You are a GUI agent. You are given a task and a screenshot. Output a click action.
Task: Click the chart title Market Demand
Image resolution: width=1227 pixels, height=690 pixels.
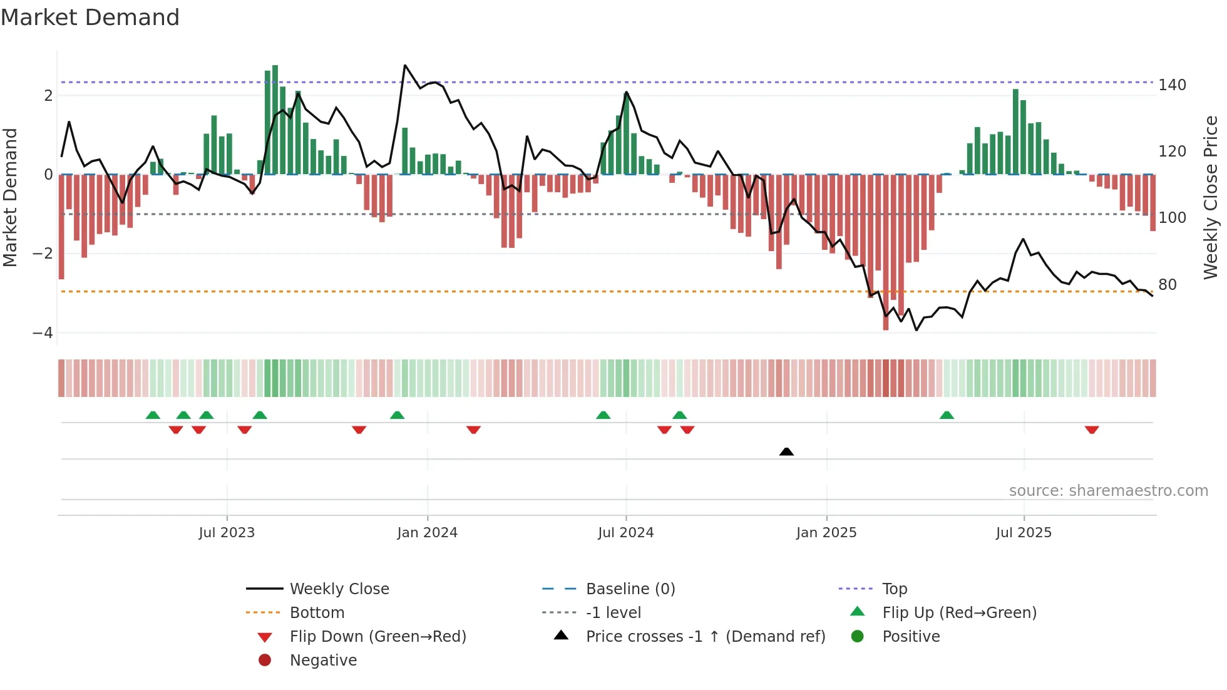click(x=90, y=18)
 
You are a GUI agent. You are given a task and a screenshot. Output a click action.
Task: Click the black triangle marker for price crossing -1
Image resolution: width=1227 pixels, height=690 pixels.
click(x=786, y=451)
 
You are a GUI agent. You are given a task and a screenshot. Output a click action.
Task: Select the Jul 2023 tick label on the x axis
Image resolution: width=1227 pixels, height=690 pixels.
click(x=227, y=533)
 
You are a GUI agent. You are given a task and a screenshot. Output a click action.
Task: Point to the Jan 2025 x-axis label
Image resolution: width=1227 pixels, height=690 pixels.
click(x=826, y=533)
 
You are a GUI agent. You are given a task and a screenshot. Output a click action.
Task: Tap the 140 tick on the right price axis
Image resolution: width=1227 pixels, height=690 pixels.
click(x=1172, y=85)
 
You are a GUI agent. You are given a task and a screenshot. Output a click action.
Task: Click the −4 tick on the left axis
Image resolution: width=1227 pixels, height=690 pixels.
click(x=43, y=332)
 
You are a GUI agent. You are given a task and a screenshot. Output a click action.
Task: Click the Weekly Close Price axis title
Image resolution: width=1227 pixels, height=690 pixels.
click(x=1211, y=197)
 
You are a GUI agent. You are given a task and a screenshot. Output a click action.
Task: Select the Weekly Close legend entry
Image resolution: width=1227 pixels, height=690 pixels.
click(x=339, y=589)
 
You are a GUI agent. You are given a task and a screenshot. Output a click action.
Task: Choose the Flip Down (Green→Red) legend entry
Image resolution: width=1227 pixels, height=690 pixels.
click(x=377, y=637)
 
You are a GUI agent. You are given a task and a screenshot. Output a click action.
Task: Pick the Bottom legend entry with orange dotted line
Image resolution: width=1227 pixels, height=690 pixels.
click(x=317, y=613)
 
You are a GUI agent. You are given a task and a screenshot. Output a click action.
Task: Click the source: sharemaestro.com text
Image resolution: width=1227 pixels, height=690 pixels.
click(x=1108, y=491)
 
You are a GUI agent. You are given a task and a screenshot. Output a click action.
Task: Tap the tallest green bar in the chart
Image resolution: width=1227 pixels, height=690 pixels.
click(x=275, y=119)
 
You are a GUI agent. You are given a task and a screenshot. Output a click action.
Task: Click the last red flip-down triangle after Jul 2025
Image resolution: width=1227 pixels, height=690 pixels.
click(x=1092, y=430)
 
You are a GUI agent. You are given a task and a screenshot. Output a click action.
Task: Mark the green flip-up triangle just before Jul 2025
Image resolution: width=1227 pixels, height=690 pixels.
click(x=947, y=415)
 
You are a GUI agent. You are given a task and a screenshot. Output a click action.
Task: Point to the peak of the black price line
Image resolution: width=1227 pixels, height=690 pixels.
click(x=405, y=66)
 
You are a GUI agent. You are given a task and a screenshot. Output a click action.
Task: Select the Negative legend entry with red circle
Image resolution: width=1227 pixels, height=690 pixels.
click(x=323, y=661)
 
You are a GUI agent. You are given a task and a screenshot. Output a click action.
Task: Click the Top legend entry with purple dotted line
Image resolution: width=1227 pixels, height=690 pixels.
click(x=894, y=589)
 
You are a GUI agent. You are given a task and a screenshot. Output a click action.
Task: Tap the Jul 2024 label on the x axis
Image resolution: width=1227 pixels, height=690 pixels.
click(x=625, y=533)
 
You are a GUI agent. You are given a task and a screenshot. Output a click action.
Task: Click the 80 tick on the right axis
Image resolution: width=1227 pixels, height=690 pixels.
click(x=1167, y=285)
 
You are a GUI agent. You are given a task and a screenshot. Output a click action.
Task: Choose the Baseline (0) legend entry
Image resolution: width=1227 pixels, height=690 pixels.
click(x=630, y=589)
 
